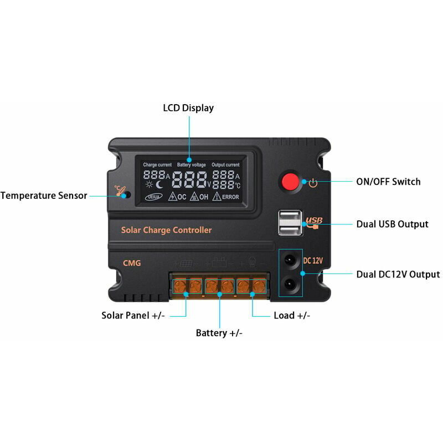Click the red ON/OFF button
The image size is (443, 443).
(x=289, y=182)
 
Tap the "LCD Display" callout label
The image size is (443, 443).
(x=188, y=108)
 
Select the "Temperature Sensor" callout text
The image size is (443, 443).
(x=44, y=195)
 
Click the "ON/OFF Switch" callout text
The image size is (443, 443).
(x=388, y=182)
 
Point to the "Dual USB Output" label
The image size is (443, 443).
(x=392, y=224)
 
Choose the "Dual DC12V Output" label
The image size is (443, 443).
(x=398, y=274)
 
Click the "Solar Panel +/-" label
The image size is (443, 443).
(x=133, y=316)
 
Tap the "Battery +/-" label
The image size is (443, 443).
(x=219, y=333)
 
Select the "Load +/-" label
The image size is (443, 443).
(x=292, y=316)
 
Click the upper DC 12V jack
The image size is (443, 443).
(x=290, y=259)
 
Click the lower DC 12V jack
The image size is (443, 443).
(x=290, y=285)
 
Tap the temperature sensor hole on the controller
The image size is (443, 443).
(x=126, y=195)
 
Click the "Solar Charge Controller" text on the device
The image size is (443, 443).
(x=166, y=230)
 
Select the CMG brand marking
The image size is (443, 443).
(x=132, y=263)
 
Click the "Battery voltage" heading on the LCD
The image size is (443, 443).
(x=191, y=165)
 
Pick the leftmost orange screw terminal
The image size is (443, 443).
(x=179, y=286)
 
